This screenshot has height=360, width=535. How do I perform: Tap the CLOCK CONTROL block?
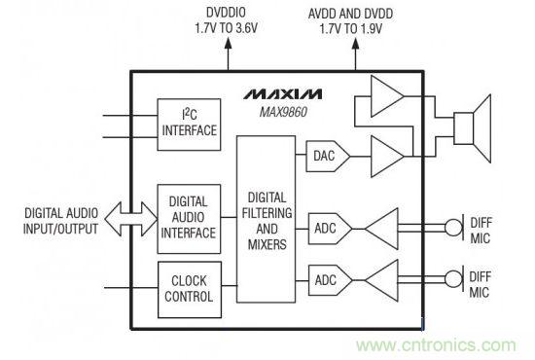tap(190, 288)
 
